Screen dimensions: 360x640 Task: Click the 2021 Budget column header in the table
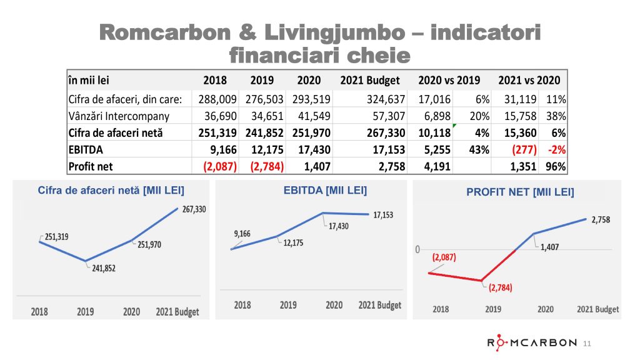(373, 80)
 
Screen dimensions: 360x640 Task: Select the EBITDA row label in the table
(81, 150)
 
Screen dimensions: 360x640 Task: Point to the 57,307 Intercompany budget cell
(387, 116)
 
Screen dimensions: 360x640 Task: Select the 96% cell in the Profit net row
(556, 167)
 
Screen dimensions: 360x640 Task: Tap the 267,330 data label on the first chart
(193, 210)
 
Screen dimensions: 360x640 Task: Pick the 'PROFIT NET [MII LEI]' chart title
(520, 192)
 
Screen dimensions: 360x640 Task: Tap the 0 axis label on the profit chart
(417, 250)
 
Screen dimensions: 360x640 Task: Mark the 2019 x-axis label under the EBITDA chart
(288, 305)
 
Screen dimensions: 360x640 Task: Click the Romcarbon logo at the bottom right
(532, 342)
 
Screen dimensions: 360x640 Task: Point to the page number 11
(586, 343)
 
